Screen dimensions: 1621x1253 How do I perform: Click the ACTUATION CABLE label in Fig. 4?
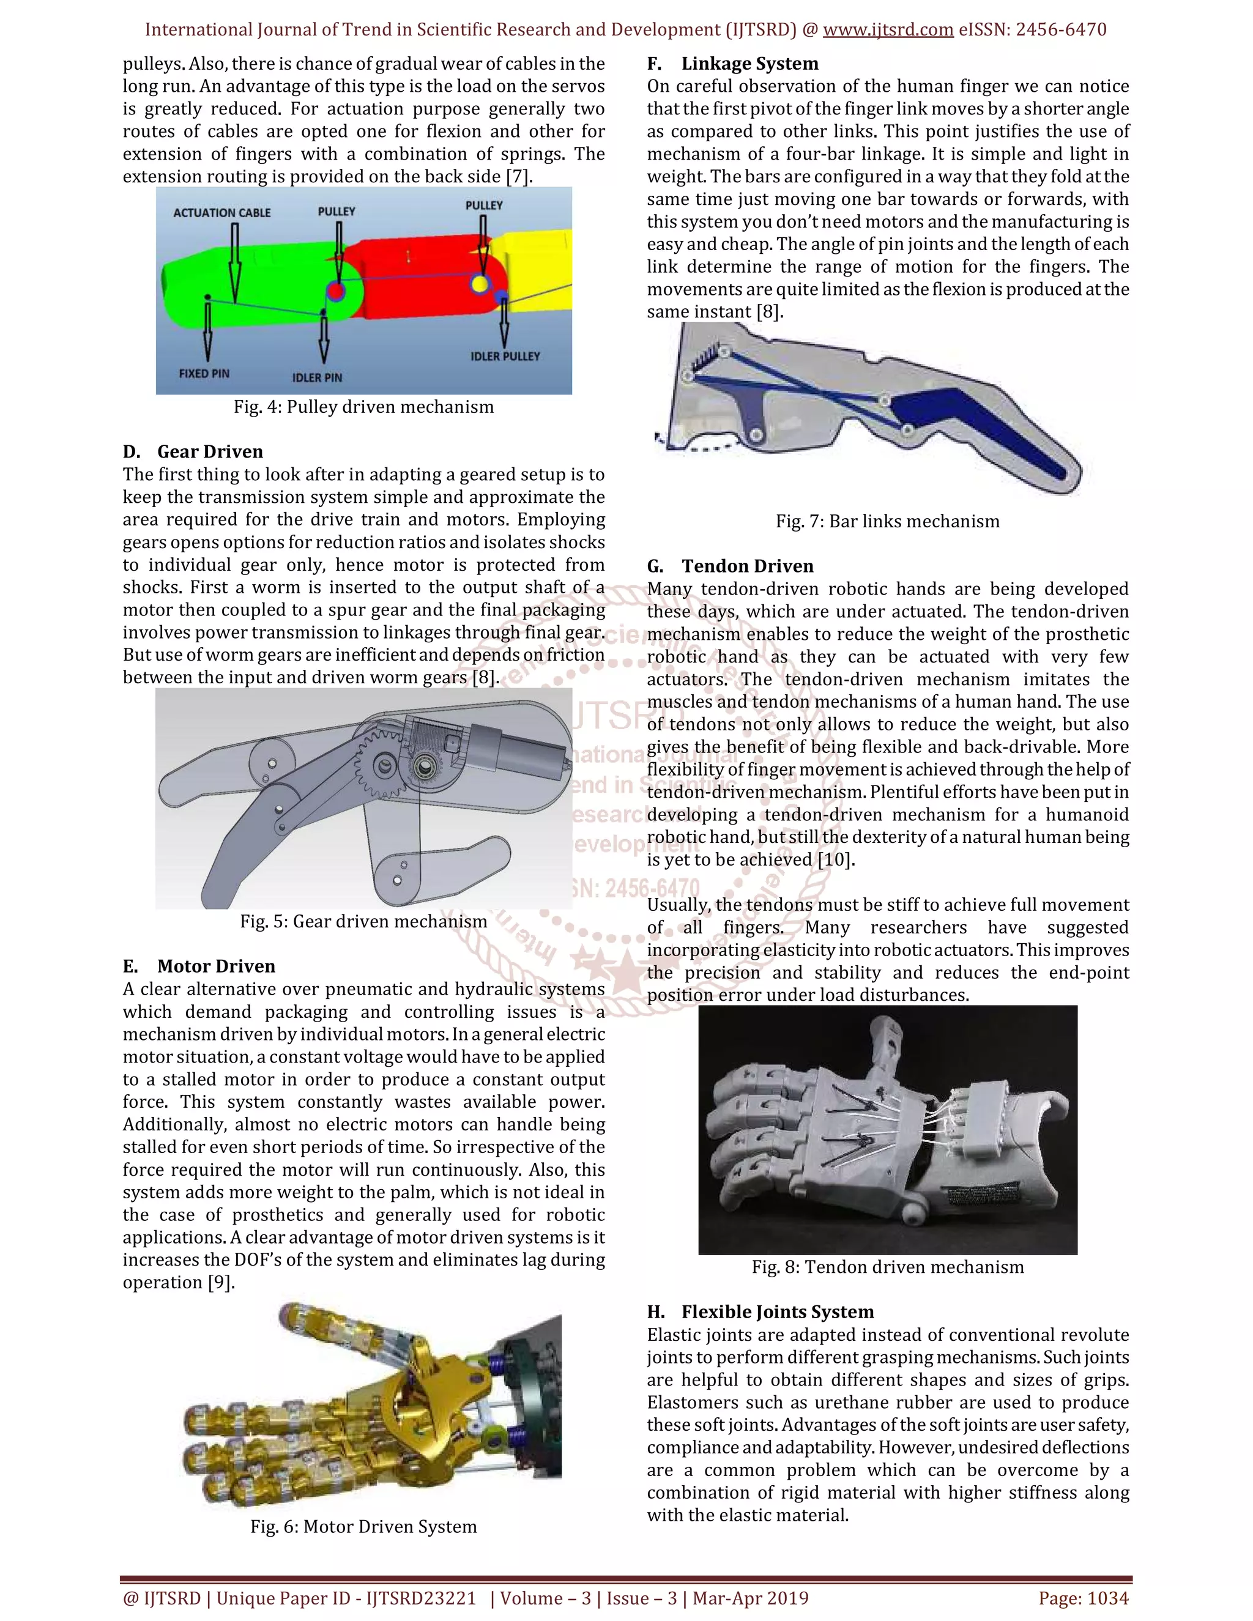click(x=222, y=213)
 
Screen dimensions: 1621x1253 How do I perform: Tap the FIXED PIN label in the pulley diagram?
click(x=204, y=373)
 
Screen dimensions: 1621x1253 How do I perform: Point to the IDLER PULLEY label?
click(x=505, y=356)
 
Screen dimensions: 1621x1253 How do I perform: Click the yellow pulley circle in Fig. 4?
click(x=480, y=284)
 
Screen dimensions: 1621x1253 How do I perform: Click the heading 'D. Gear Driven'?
click(x=193, y=452)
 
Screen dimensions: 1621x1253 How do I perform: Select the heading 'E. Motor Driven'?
click(x=199, y=966)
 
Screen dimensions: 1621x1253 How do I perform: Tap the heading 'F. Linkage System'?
click(x=732, y=64)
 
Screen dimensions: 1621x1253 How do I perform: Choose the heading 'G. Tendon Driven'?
click(x=731, y=566)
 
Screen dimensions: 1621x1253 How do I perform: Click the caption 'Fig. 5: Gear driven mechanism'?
click(x=364, y=922)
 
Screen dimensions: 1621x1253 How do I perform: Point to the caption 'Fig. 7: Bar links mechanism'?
click(x=888, y=522)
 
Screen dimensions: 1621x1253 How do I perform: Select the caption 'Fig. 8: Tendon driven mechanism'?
click(x=888, y=1267)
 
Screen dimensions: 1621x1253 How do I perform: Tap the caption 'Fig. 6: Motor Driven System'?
click(x=364, y=1527)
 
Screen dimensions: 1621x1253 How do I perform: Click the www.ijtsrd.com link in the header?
click(x=888, y=30)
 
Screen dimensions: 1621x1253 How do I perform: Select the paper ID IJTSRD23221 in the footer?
click(x=421, y=1598)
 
